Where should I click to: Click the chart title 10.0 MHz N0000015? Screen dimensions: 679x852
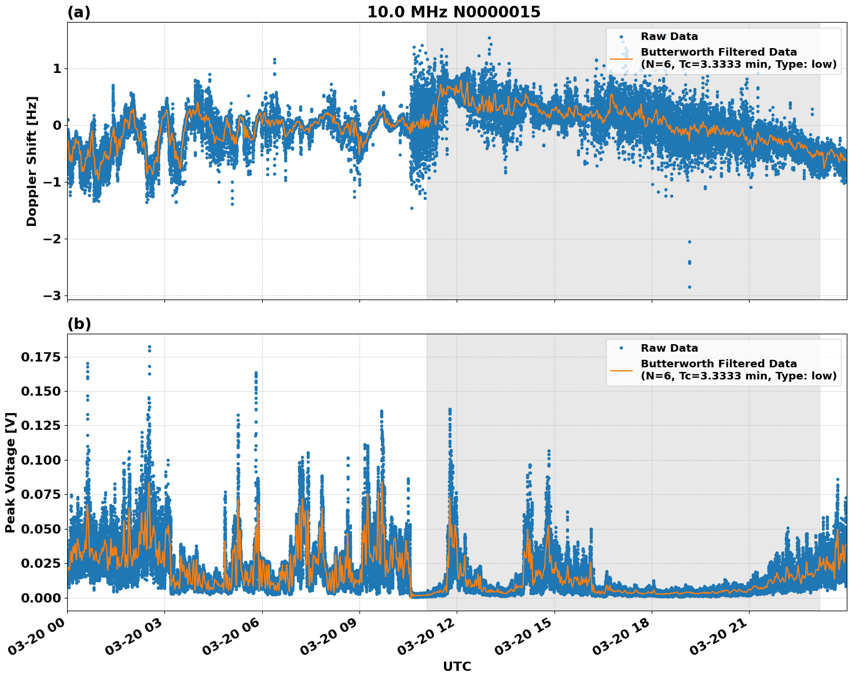[x=453, y=12]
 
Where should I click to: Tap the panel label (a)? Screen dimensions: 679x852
[x=79, y=12]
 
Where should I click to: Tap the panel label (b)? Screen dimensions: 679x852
[x=79, y=324]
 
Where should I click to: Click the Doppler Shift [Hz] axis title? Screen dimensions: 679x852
[x=32, y=161]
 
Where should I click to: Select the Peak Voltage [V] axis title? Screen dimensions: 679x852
[x=10, y=472]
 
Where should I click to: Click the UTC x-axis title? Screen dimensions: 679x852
[x=457, y=666]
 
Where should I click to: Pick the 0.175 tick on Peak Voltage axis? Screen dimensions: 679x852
[x=40, y=357]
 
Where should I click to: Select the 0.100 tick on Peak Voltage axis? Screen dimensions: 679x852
[x=40, y=460]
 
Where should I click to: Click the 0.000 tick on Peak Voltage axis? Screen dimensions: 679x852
[x=40, y=597]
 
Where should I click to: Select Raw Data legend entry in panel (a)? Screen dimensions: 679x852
[x=669, y=36]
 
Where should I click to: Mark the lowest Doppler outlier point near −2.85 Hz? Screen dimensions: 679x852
[x=689, y=287]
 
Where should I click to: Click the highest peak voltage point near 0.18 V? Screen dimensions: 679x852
[x=149, y=347]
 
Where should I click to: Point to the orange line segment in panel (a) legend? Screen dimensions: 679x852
[x=621, y=59]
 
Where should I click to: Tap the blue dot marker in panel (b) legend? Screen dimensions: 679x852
[x=621, y=348]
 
